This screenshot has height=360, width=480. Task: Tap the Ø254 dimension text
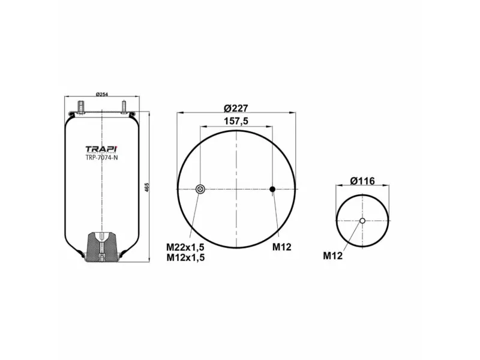pos(102,95)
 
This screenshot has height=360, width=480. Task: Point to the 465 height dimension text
pos(146,187)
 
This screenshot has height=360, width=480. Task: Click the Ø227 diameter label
pos(236,107)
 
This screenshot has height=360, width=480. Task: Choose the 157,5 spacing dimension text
pos(236,121)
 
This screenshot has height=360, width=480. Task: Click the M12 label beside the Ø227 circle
pos(281,247)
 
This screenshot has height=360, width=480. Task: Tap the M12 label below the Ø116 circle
pos(332,256)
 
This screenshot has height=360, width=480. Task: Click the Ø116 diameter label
pos(362,181)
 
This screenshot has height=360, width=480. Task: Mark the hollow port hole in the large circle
pos(200,190)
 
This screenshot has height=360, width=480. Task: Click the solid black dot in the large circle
pos(272,190)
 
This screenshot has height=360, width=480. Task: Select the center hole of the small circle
pos(362,221)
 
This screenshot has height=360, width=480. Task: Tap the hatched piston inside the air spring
pos(103,247)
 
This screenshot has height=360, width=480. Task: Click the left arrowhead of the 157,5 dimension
pos(202,127)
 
